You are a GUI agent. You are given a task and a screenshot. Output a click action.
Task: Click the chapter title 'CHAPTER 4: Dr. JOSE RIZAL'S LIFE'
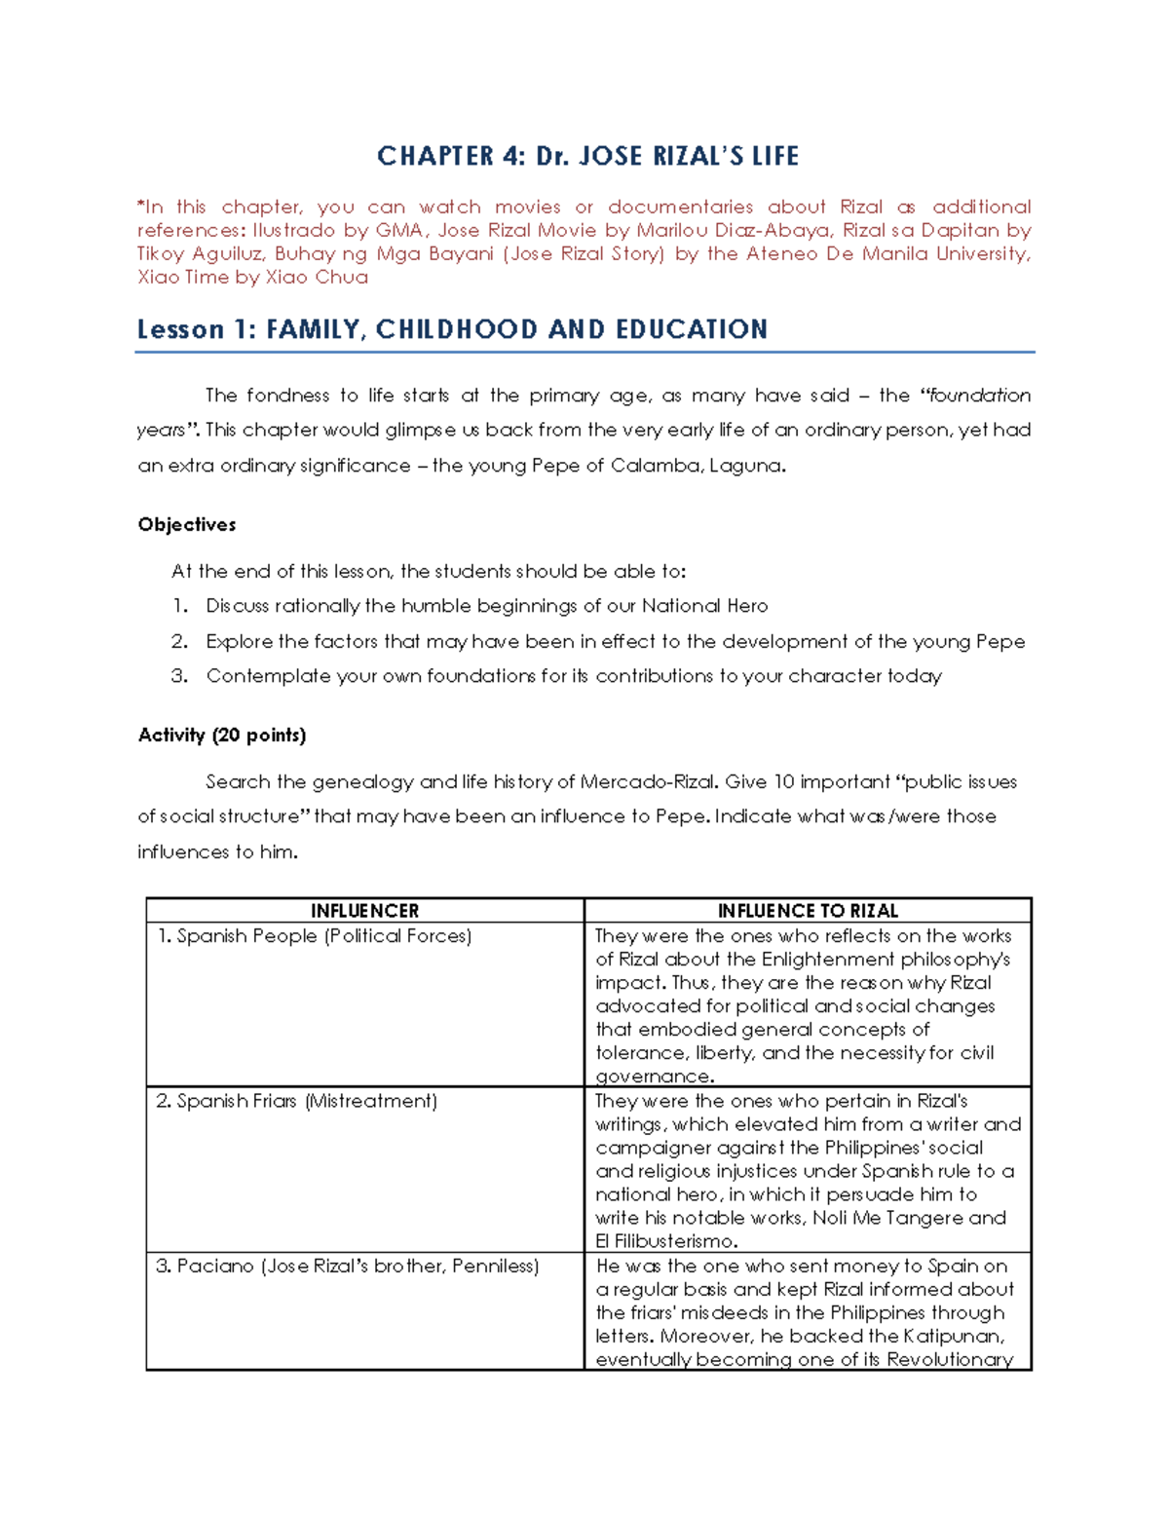pyautogui.click(x=587, y=156)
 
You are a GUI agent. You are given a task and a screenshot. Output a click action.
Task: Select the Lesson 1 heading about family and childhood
pyautogui.click(x=452, y=329)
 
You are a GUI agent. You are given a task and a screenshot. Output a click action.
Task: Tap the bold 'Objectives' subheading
pyautogui.click(x=187, y=524)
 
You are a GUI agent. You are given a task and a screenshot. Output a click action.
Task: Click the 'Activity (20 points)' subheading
pyautogui.click(x=222, y=735)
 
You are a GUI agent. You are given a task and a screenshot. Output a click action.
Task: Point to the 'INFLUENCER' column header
pyautogui.click(x=364, y=911)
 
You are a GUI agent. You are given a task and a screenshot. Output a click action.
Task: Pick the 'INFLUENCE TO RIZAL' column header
pyautogui.click(x=808, y=911)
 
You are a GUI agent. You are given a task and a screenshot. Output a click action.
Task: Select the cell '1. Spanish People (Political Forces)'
pyautogui.click(x=314, y=936)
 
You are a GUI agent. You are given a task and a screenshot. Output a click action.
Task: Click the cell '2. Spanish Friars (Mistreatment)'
pyautogui.click(x=296, y=1101)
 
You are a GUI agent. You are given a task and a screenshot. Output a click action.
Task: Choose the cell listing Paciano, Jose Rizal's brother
pyautogui.click(x=347, y=1267)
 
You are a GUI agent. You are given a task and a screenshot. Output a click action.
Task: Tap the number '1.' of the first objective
pyautogui.click(x=179, y=606)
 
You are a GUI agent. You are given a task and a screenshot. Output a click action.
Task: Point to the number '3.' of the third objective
pyautogui.click(x=179, y=676)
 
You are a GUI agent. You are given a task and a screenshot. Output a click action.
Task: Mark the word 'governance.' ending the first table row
pyautogui.click(x=655, y=1077)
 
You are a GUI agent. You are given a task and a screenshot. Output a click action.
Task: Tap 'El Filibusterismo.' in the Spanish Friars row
pyautogui.click(x=666, y=1241)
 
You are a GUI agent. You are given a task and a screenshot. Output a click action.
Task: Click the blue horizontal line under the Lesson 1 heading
pyautogui.click(x=584, y=352)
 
